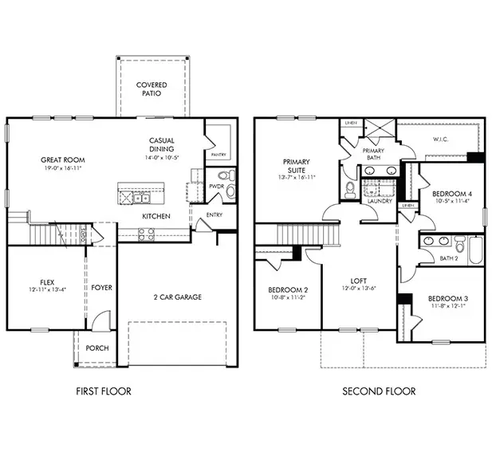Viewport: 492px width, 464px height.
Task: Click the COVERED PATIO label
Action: click(x=152, y=88)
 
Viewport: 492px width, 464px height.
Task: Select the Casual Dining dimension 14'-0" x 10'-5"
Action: click(x=162, y=158)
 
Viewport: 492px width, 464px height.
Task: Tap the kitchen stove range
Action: click(x=147, y=234)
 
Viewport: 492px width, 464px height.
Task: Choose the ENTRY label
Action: click(x=215, y=214)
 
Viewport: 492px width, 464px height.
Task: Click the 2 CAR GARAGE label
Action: click(x=178, y=297)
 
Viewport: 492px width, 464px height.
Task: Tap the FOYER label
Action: click(x=101, y=287)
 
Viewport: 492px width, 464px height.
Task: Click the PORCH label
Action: click(x=98, y=348)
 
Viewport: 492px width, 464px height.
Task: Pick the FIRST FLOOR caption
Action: click(x=103, y=391)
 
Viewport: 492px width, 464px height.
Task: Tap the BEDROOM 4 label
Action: click(x=451, y=194)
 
